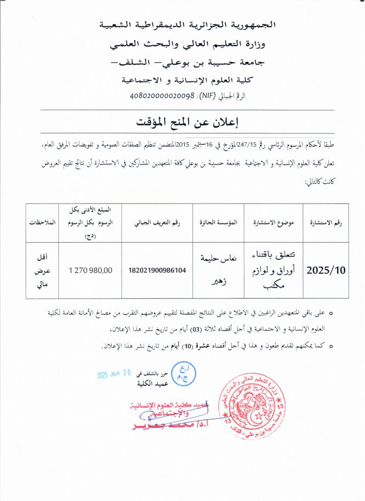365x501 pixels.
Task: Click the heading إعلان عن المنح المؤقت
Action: point(182,121)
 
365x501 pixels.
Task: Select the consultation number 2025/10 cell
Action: point(326,270)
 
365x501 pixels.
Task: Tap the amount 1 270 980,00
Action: point(90,270)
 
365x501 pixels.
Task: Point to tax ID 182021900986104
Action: point(157,270)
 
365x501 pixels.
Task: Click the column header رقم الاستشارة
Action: point(326,223)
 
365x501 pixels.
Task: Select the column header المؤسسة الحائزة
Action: point(219,223)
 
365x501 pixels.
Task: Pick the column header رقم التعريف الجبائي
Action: point(157,223)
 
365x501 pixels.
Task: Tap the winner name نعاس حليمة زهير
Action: point(219,270)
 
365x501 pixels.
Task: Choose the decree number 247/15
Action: point(245,145)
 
